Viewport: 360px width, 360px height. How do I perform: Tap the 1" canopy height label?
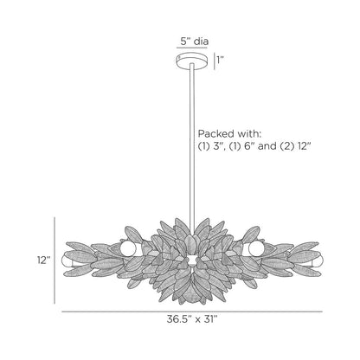(222, 60)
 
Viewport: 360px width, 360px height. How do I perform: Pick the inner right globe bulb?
(254, 248)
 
